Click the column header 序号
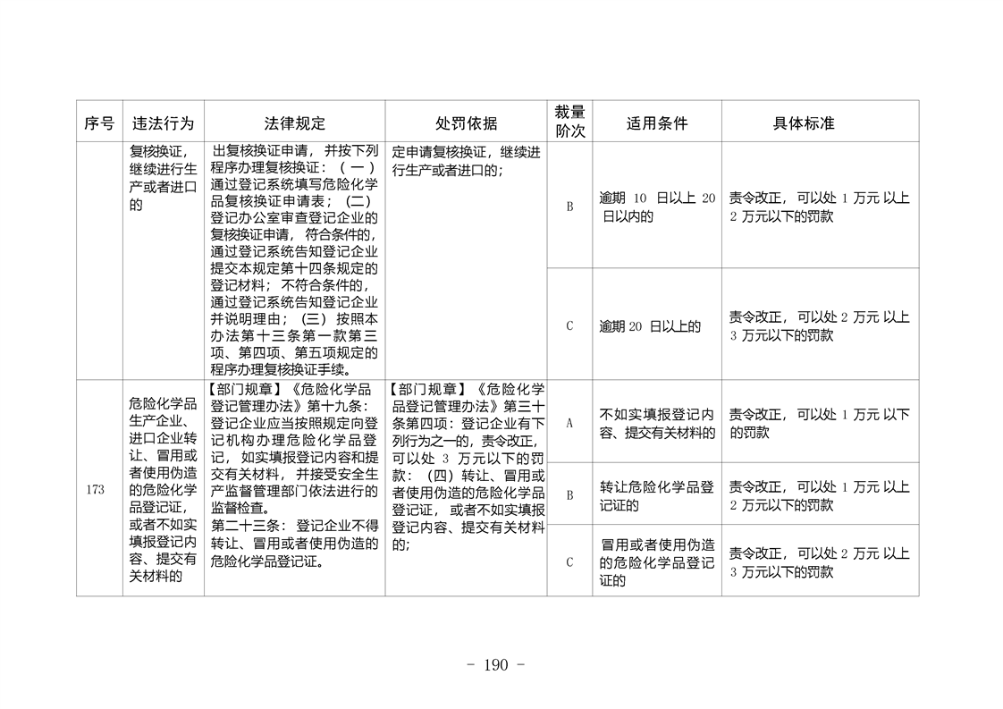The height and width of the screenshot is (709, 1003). coord(99,122)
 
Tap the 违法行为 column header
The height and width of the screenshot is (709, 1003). coord(163,122)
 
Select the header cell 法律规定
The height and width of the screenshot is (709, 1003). coord(295,122)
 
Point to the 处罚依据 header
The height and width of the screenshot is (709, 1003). coord(466,122)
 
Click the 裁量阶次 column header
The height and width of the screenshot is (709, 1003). coord(569,122)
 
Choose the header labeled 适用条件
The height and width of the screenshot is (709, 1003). coord(657,122)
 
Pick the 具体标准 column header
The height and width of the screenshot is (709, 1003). coord(803,122)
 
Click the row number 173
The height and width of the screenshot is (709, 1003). coord(97,489)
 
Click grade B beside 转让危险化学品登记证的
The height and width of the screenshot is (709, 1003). coord(569,494)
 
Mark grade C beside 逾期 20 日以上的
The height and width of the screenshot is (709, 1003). coord(569,325)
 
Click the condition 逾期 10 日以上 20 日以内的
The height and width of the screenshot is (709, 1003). coord(657,207)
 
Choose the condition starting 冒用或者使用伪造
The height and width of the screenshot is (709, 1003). coord(657,562)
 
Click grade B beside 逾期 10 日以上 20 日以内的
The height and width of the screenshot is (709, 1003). coord(569,207)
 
